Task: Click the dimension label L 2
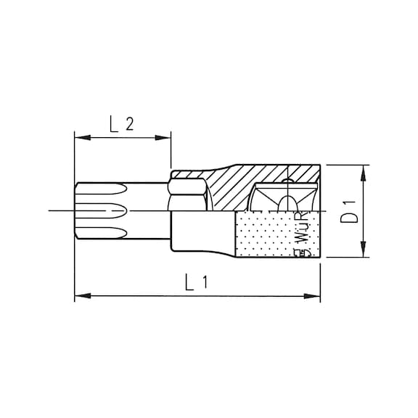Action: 122,125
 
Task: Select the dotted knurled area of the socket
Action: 265,234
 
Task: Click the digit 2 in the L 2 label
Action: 130,125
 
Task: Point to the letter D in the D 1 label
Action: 349,218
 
